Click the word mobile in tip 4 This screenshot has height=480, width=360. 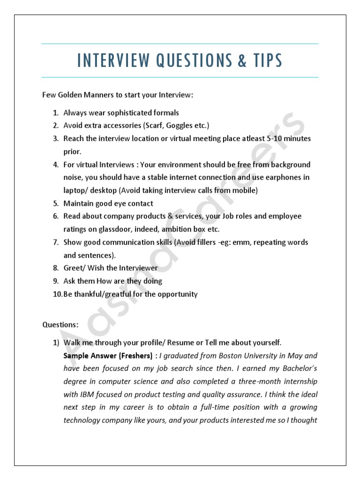[244, 191]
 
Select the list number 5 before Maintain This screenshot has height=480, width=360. [55, 203]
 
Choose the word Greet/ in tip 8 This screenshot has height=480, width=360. [75, 268]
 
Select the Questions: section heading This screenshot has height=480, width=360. [60, 324]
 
